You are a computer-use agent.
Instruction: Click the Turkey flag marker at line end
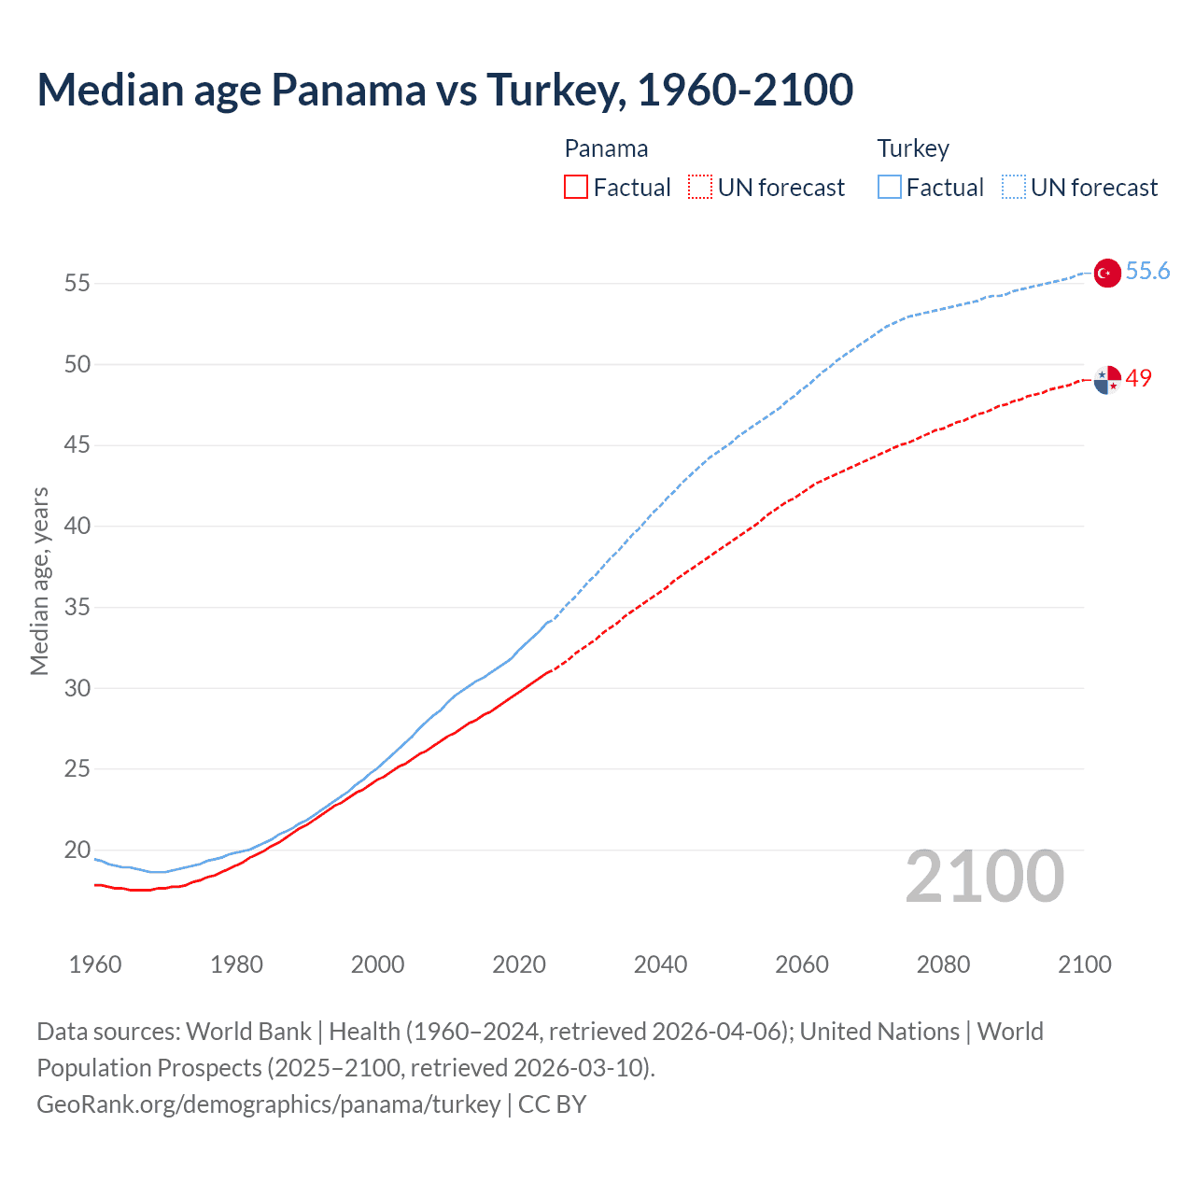(1106, 273)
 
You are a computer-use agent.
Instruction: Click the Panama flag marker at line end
(1107, 380)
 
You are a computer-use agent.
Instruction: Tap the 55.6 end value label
(1147, 271)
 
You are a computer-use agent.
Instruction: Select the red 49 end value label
(1139, 378)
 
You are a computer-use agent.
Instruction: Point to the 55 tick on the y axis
(77, 283)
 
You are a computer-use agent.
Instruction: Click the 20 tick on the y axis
(77, 851)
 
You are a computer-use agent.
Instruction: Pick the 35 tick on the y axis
(77, 608)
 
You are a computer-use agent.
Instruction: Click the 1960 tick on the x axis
(95, 964)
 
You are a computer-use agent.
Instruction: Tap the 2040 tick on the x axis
(660, 964)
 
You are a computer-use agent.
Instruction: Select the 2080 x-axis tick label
(943, 964)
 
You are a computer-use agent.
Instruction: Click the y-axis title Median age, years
(39, 581)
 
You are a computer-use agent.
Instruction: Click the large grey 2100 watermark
(984, 877)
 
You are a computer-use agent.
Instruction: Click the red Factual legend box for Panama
(576, 188)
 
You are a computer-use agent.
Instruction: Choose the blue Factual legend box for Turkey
(889, 188)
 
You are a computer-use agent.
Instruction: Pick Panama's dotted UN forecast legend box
(700, 188)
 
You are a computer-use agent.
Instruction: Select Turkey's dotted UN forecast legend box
(1013, 188)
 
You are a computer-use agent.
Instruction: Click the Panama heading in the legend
(606, 149)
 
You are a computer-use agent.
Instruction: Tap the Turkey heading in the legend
(913, 149)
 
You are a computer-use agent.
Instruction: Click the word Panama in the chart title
(347, 90)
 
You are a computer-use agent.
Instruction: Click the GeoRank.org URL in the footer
(269, 1104)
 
